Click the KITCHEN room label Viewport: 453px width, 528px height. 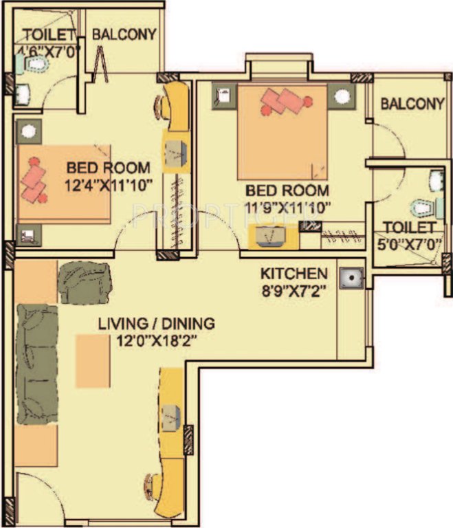tap(293, 274)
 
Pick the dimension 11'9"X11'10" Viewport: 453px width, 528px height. tap(288, 206)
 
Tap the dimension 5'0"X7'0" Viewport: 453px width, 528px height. tap(410, 241)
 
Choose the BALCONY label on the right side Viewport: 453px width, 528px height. tap(412, 104)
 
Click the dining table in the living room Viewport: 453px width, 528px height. tap(93, 360)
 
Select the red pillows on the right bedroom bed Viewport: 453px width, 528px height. tap(283, 104)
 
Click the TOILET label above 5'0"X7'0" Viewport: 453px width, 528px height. tap(409, 227)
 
